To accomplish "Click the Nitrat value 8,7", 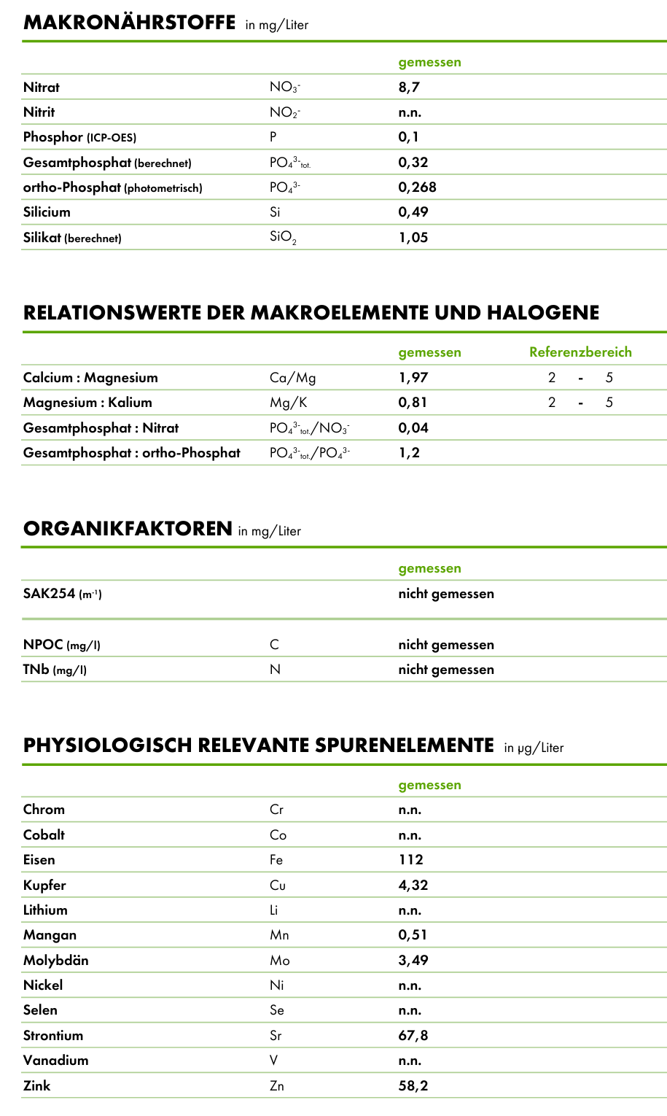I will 409,88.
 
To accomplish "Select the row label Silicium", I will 47,212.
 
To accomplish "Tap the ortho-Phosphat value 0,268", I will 417,187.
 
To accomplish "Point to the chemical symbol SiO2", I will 283,238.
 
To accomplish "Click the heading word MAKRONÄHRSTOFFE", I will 129,23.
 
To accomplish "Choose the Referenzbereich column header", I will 580,352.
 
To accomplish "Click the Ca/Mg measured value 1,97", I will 413,378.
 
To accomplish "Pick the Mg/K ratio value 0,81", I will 413,403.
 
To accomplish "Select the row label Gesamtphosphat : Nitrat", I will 101,428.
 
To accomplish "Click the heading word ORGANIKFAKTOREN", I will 128,529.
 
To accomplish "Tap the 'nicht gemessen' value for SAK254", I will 445,594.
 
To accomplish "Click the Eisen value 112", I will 410,860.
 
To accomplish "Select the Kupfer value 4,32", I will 413,886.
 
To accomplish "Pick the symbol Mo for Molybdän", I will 279,961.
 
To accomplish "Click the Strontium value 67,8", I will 413,1036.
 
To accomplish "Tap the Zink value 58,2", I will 413,1086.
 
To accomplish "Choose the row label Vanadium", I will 55,1061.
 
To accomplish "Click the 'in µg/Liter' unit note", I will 534,748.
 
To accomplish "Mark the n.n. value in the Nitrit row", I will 410,112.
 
